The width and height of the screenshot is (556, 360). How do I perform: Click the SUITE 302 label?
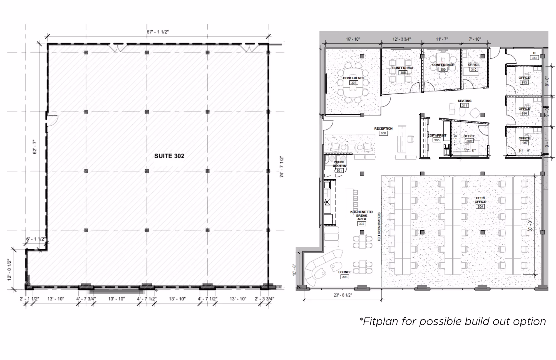point(169,156)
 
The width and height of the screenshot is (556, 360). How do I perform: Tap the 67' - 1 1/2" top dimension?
point(158,32)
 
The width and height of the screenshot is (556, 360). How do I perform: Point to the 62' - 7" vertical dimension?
point(35,147)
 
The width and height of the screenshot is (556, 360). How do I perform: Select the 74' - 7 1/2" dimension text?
point(282,167)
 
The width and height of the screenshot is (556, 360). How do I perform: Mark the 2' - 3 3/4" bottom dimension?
point(264,299)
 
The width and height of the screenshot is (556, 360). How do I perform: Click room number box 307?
point(353,83)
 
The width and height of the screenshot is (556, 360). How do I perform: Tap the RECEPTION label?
point(383,129)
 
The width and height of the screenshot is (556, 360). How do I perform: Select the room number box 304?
point(480,206)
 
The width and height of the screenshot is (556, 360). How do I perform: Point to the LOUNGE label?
point(345,272)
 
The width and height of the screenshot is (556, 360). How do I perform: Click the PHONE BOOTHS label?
point(339,164)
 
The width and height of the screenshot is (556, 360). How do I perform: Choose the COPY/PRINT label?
point(437,135)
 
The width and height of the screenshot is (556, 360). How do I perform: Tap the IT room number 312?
point(534,58)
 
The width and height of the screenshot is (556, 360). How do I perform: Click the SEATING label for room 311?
point(465,101)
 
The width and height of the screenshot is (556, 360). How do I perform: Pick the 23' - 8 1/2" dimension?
point(343,295)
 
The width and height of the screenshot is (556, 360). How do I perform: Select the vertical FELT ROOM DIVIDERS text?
point(379,227)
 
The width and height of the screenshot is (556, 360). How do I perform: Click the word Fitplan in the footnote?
point(379,321)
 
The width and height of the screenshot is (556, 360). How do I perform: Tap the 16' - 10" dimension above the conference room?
point(353,39)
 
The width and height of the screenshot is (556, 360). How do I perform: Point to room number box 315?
point(524,143)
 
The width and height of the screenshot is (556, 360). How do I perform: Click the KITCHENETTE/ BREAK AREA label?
point(361,215)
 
